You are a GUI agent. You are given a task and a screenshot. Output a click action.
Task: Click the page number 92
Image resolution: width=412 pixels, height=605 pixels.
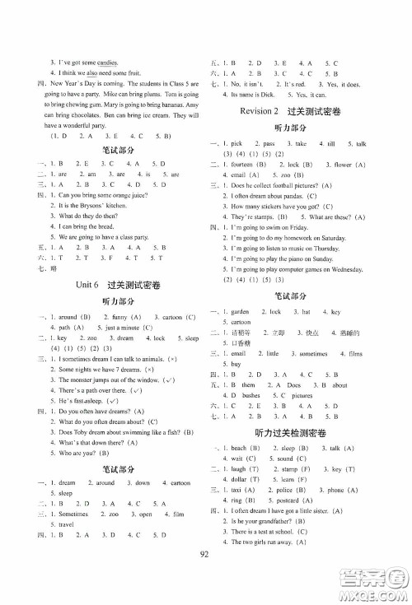(205, 576)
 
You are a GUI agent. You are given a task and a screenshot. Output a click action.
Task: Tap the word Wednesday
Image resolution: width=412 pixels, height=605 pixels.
(366, 292)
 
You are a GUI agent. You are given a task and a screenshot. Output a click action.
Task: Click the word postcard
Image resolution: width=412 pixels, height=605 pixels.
(293, 522)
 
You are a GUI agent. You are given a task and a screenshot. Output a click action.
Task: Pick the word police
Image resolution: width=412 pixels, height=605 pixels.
(283, 511)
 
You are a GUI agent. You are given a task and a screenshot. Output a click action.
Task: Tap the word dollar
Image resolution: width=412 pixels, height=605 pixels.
(243, 500)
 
